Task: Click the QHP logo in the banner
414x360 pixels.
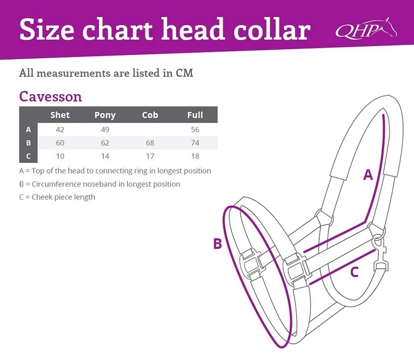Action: pos(366,28)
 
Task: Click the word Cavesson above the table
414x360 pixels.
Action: pos(50,96)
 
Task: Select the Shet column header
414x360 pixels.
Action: pos(60,115)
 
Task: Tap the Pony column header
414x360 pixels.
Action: pos(105,115)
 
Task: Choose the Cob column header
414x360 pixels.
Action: pos(150,115)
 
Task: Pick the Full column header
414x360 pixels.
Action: pos(195,115)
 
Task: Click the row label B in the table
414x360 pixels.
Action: pos(28,143)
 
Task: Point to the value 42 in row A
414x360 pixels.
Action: pos(60,129)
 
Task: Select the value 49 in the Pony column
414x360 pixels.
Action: pos(105,129)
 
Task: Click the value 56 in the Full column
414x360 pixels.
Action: pos(195,129)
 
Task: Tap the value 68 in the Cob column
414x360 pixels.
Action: pos(150,143)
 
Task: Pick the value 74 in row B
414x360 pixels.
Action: pos(195,143)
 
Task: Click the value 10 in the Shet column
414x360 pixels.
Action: pos(60,156)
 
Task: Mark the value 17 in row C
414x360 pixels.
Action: pos(150,156)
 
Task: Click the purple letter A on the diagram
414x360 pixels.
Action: pos(368,175)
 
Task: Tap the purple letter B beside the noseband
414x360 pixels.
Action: pos(217,243)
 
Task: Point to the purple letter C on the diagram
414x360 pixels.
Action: pos(354,272)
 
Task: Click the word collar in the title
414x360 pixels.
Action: pos(272,29)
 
